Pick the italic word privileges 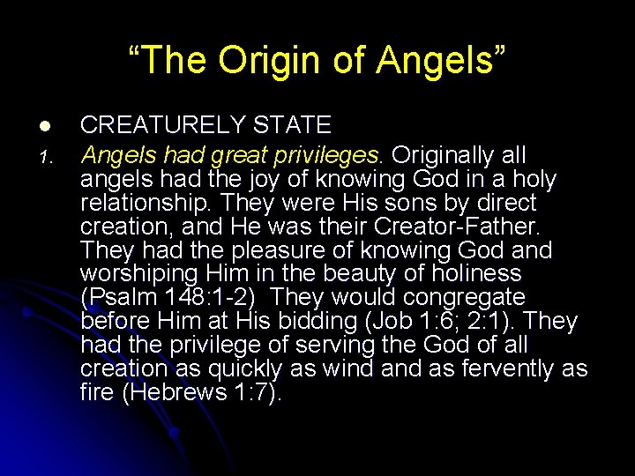point(328,156)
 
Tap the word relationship point(144,204)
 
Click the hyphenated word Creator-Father point(467,227)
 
